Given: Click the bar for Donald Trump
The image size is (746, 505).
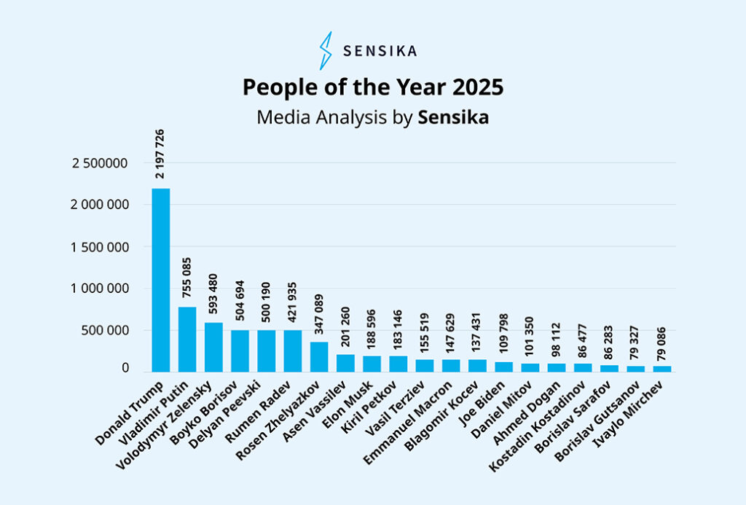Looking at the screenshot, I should tap(161, 281).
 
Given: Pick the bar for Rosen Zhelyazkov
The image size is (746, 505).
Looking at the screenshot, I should tap(319, 357).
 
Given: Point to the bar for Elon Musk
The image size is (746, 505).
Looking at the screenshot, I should tap(372, 364).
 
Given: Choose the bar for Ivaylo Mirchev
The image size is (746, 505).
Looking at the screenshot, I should tap(662, 369).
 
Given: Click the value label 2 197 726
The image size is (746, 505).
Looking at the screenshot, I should tap(160, 154).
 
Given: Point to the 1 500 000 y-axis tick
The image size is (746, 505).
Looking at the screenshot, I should tap(99, 247).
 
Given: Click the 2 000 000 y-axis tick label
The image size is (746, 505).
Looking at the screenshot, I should tap(99, 205).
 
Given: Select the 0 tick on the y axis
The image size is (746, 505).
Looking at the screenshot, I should tap(125, 369).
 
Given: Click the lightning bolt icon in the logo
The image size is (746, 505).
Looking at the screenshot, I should tap(326, 51).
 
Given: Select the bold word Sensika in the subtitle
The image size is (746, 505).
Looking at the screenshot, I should tap(453, 118).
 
